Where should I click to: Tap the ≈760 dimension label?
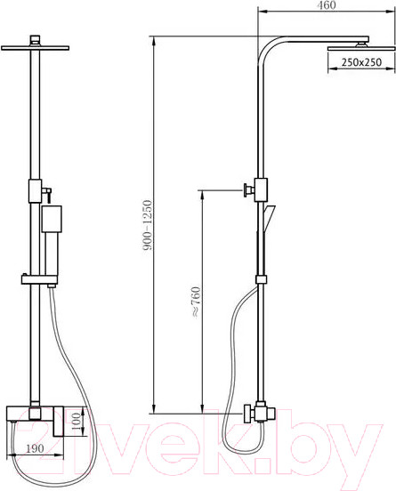(x=195, y=302)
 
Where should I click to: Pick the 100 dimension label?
(x=77, y=418)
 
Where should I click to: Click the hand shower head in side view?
(x=270, y=213)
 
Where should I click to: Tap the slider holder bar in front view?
(x=39, y=281)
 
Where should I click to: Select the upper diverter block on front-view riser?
(x=36, y=189)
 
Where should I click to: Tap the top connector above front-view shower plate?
(x=36, y=38)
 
